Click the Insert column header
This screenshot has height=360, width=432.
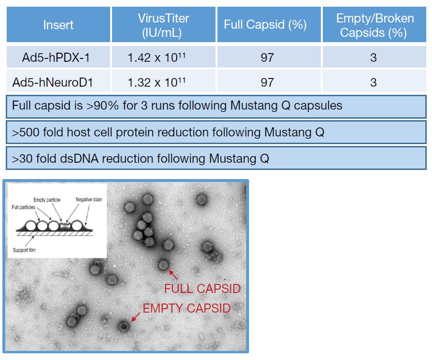click(x=58, y=25)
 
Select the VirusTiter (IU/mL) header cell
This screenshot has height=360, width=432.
click(x=163, y=25)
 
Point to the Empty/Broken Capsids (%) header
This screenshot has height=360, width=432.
click(x=375, y=25)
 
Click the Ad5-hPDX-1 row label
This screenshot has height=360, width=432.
click(x=56, y=57)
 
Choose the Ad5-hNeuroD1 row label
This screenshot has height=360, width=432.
click(x=53, y=82)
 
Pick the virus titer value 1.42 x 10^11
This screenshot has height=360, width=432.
click(x=157, y=57)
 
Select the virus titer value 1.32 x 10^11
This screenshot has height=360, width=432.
click(x=157, y=82)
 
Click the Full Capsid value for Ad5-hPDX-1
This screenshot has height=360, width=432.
click(x=267, y=57)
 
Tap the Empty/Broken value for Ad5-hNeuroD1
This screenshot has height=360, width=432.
click(x=373, y=82)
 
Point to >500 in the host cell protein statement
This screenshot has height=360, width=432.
click(x=25, y=133)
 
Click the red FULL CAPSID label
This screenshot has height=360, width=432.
click(x=202, y=289)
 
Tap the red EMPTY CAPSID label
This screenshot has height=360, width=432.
click(x=186, y=308)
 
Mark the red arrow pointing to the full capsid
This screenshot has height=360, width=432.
click(x=173, y=275)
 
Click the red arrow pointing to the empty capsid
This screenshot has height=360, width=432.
click(x=136, y=317)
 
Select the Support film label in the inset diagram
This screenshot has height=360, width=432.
click(x=24, y=250)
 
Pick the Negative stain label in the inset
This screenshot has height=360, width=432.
click(x=89, y=200)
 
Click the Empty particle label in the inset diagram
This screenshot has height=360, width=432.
click(x=47, y=200)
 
